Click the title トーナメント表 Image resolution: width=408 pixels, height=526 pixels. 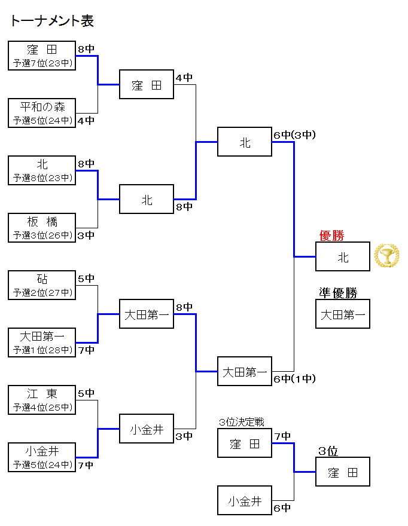tap(52, 22)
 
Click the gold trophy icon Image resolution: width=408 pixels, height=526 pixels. tap(386, 255)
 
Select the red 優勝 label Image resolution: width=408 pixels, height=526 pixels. tap(331, 236)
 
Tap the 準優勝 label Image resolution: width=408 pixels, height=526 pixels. tap(337, 293)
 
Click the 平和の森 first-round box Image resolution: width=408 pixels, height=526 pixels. tap(42, 113)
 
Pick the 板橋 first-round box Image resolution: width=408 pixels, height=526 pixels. tap(42, 228)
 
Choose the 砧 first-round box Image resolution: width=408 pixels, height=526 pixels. tap(42, 285)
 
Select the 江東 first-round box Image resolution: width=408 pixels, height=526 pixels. tap(42, 400)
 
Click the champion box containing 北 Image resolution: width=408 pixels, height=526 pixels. tap(343, 257)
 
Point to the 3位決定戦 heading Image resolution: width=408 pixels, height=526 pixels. tap(241, 423)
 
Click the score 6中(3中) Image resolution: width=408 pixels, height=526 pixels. tap(294, 135)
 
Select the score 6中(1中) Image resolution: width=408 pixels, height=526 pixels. tap(294, 378)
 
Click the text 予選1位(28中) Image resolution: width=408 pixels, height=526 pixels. tap(42, 350)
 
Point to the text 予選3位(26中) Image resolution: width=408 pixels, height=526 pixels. tap(42, 235)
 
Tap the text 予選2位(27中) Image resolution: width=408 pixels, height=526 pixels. tap(42, 292)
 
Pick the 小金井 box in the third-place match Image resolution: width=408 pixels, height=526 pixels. tap(245, 501)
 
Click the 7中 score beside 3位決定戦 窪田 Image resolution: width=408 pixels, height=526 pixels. tap(282, 436)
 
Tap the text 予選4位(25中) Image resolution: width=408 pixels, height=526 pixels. tap(42, 407)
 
